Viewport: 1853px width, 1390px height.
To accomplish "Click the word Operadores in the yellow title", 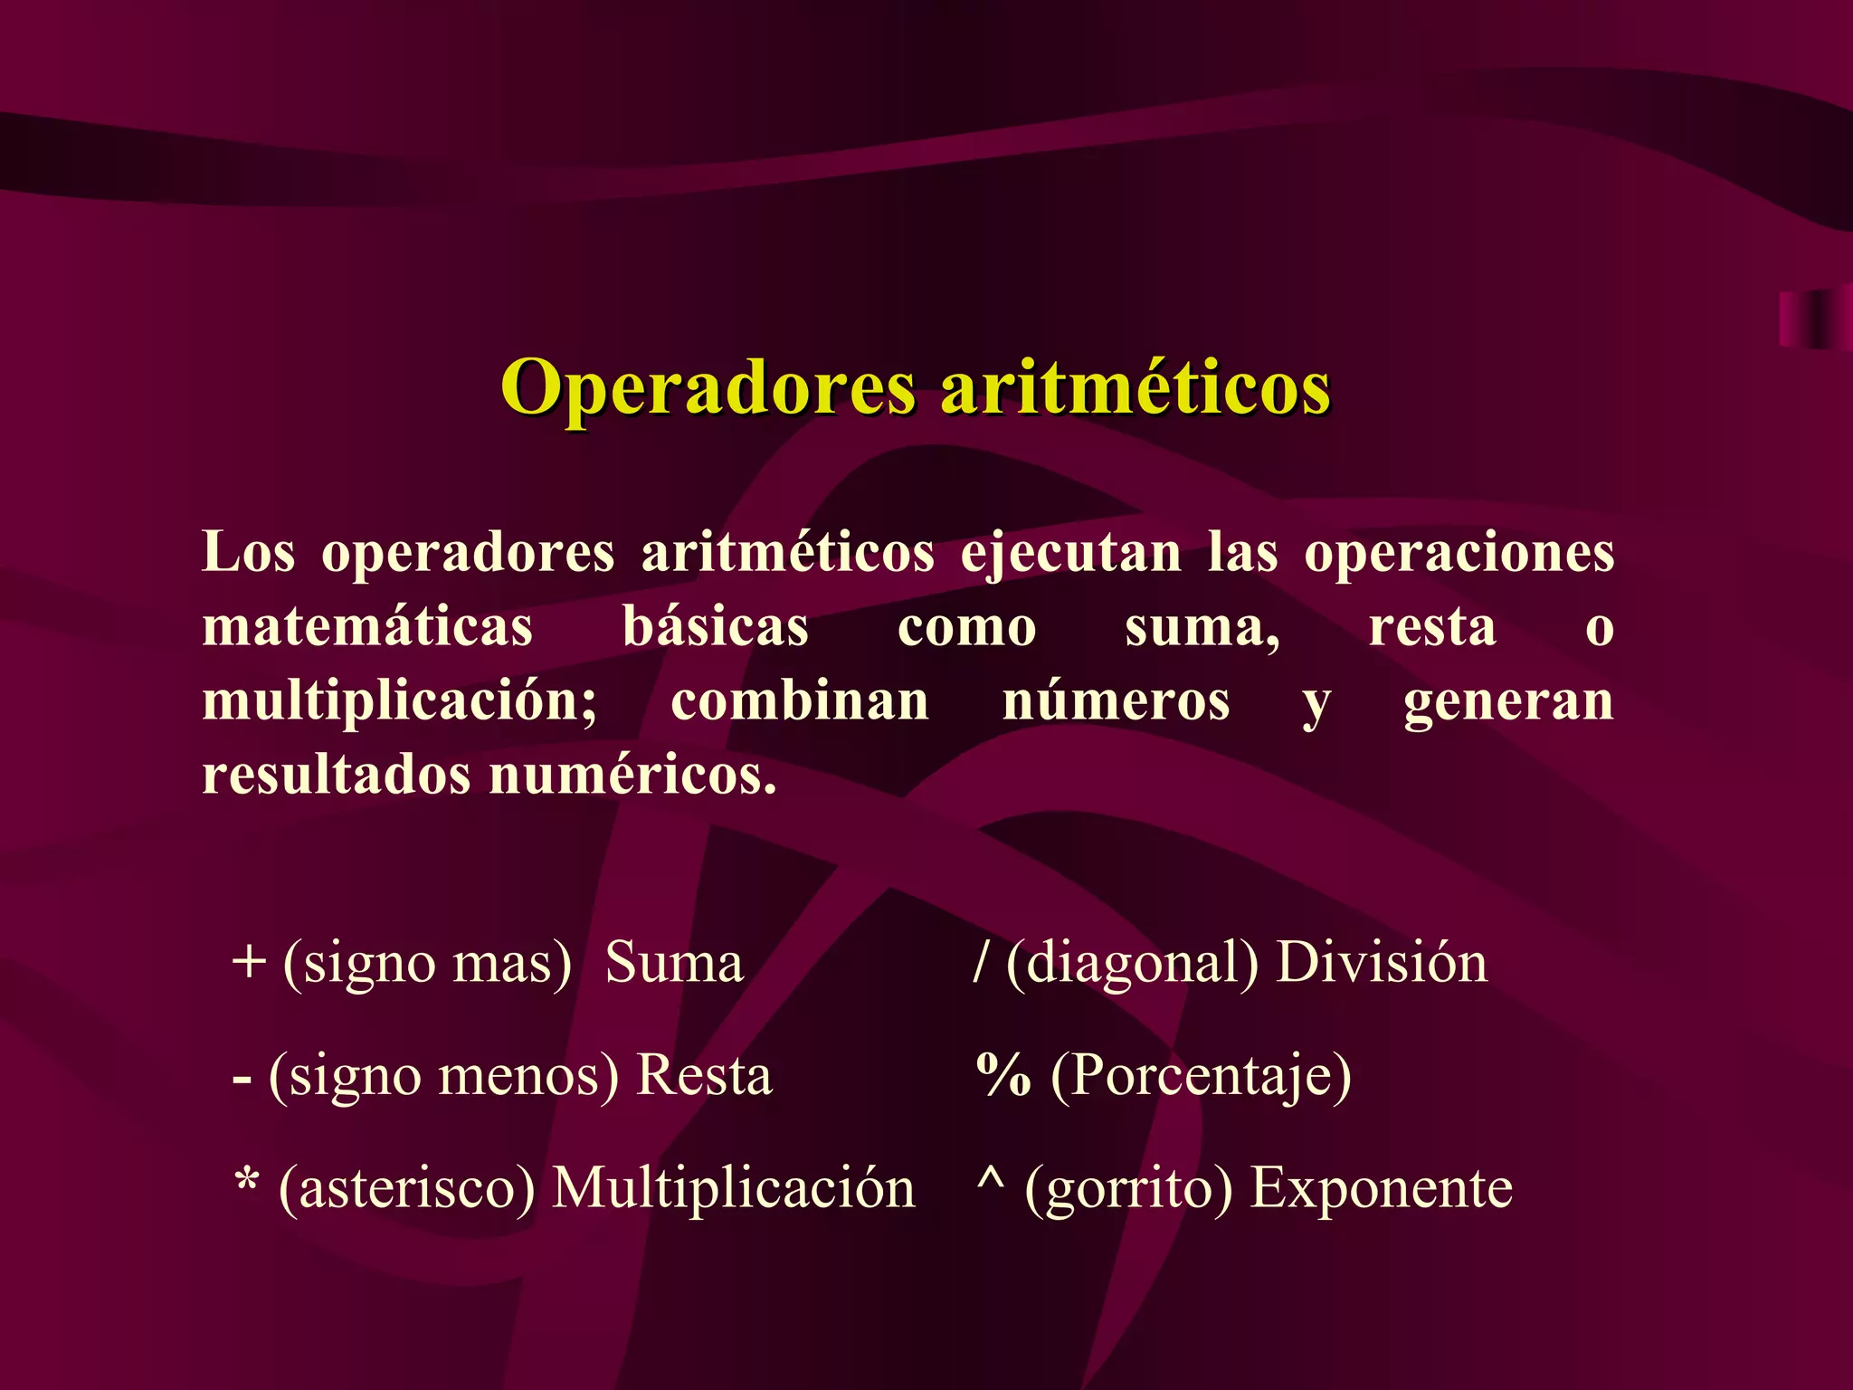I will [x=708, y=388].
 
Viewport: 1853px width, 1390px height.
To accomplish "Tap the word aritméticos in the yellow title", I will [x=1136, y=386].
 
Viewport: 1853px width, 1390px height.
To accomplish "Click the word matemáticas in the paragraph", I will [x=367, y=626].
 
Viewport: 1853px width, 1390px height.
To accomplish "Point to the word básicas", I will [x=715, y=626].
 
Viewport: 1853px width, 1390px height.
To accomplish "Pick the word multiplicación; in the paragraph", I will [x=400, y=701].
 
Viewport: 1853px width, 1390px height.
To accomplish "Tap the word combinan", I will [x=800, y=701].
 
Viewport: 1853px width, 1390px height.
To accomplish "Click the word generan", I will [x=1508, y=701].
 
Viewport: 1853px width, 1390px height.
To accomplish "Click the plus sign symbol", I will [x=249, y=963].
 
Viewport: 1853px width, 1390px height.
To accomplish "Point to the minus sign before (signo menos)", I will [x=242, y=1080].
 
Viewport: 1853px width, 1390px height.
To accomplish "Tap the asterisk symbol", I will [x=247, y=1182].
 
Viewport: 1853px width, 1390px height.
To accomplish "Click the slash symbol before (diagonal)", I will [x=981, y=962].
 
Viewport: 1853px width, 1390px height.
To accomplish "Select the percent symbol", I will [x=1003, y=1076].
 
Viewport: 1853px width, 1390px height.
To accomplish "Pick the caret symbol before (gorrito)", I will [x=991, y=1176].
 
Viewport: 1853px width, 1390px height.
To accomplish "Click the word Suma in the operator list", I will [x=674, y=962].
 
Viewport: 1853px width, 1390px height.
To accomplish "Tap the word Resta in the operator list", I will [x=705, y=1076].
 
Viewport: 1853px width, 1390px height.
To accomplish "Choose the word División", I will [x=1381, y=962].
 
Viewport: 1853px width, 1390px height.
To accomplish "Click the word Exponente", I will [x=1381, y=1188].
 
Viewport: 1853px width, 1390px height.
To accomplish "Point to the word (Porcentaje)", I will [x=1201, y=1076].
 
